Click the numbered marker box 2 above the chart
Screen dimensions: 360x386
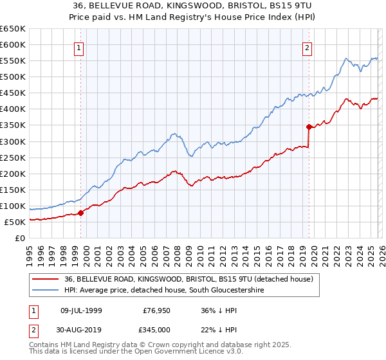click(x=308, y=47)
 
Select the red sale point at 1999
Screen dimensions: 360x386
click(x=80, y=213)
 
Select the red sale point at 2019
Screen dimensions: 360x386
click(x=309, y=127)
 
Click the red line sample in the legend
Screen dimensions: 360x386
click(x=46, y=279)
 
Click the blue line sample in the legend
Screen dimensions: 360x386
click(x=46, y=291)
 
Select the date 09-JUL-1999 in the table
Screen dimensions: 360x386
click(x=83, y=310)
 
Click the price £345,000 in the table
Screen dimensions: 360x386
click(x=156, y=329)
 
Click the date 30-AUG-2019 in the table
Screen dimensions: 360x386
click(x=83, y=329)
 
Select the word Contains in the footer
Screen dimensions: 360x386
click(x=45, y=345)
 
